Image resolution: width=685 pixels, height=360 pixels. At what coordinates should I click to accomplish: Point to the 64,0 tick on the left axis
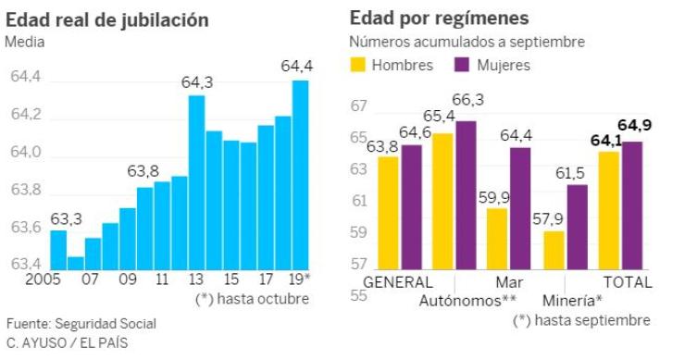pyautogui.click(x=25, y=153)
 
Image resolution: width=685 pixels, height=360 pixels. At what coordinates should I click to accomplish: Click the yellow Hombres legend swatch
pyautogui.click(x=358, y=64)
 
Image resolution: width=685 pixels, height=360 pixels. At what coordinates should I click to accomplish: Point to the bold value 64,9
pyautogui.click(x=634, y=125)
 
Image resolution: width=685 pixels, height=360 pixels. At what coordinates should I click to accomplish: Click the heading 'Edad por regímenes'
pyautogui.click(x=439, y=19)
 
